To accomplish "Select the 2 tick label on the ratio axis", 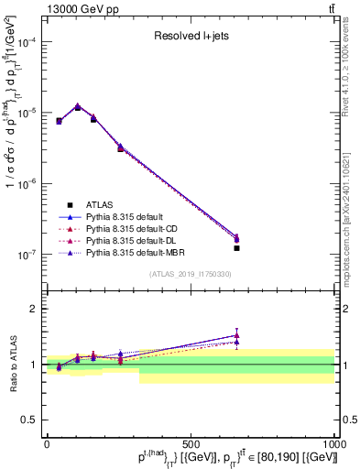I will tap(33, 309).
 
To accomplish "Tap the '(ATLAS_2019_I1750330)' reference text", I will tap(190, 274).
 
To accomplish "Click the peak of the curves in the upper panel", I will tap(78, 106).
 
